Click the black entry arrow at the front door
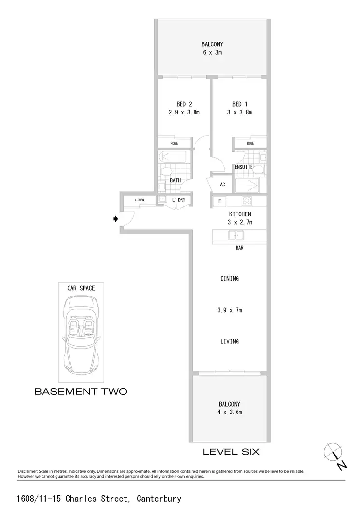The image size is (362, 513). click(115, 219)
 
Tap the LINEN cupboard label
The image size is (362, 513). click(139, 199)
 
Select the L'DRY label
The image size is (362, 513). click(179, 199)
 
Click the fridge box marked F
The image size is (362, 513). click(220, 200)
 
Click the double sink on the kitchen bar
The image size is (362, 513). click(236, 235)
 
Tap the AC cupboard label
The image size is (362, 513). click(223, 185)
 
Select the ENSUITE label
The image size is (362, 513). click(244, 167)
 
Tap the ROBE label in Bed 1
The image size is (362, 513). click(250, 143)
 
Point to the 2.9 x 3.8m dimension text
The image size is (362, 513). click(184, 113)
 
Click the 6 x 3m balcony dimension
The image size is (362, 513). click(212, 52)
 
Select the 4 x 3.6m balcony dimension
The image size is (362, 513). click(229, 412)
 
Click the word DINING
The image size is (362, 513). click(229, 279)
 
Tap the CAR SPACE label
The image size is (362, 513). click(81, 288)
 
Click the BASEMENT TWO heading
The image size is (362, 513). click(81, 392)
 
